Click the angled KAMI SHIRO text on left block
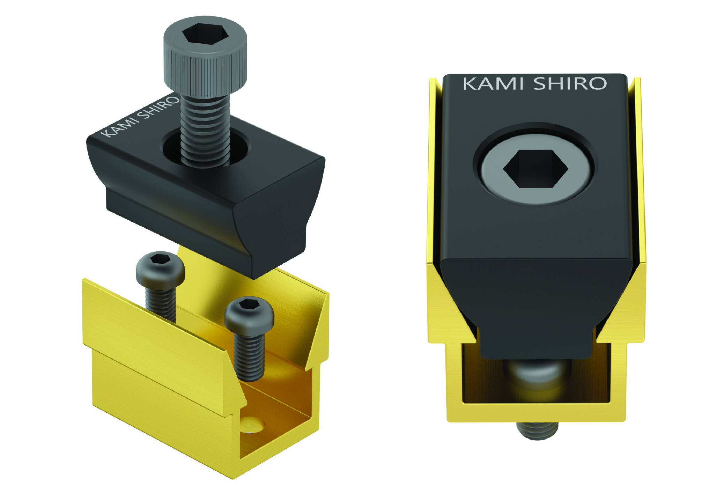click(140, 117)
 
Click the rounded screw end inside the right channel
click(538, 374)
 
